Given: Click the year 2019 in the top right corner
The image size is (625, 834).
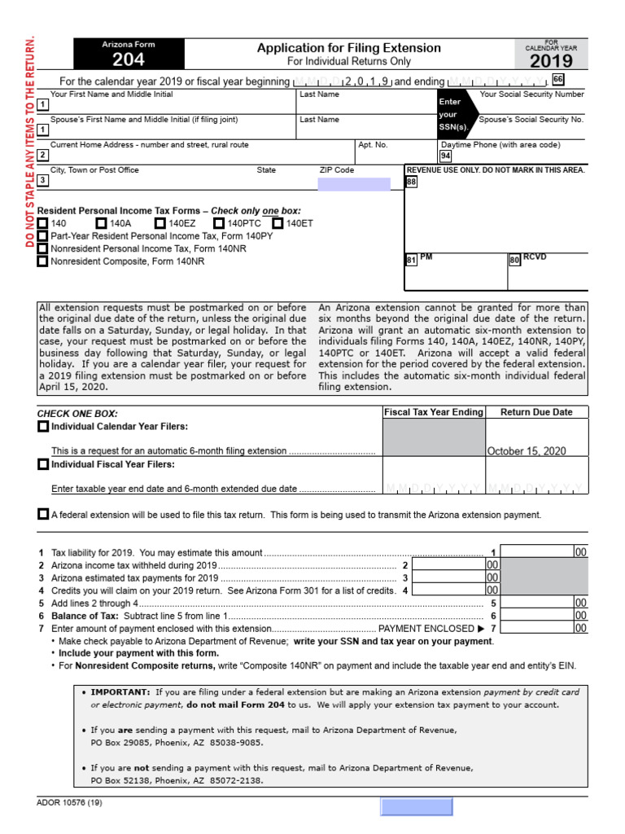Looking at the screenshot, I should coord(551,61).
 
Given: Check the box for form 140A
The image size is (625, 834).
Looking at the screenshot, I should coord(101,222).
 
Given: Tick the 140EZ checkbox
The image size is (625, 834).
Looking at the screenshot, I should coord(160,222).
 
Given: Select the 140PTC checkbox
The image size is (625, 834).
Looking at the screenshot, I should coord(219,222).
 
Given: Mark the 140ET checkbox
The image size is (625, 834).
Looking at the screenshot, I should coord(278,222).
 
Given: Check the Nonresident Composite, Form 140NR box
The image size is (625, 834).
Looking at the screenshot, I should coord(42,261).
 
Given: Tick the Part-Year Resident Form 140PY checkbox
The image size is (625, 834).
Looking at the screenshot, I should coord(42,235).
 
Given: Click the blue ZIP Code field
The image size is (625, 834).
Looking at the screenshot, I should coord(354,184).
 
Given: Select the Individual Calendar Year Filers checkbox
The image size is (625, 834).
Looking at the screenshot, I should coord(42,427).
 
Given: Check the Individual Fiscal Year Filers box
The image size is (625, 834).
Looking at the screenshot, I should coord(42,464).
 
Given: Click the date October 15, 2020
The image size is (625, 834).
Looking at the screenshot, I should coord(527,450).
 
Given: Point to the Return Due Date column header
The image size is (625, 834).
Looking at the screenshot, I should coord(536,412).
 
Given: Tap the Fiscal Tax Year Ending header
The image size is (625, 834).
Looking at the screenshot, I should coord(434,412).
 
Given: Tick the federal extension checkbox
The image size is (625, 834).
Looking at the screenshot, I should coord(42,514).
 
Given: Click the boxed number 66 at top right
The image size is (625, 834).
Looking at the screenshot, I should coord(557,79).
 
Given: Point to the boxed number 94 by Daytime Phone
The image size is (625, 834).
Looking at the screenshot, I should coord(445,156).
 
